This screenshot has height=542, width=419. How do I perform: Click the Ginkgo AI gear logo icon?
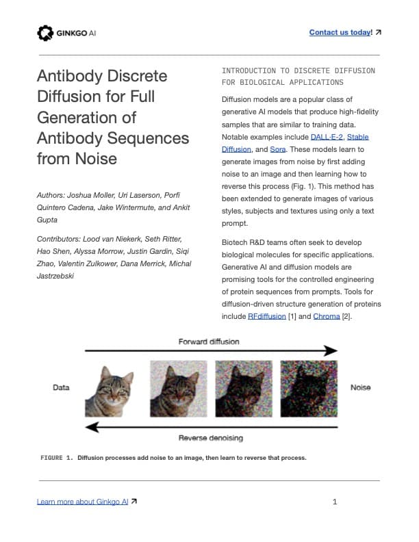click(x=45, y=32)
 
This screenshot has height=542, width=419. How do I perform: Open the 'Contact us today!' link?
click(x=340, y=32)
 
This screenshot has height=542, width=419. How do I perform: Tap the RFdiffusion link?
click(x=267, y=316)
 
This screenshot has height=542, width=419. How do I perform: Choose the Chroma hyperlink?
click(x=327, y=316)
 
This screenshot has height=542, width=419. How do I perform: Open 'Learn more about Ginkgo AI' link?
click(x=82, y=502)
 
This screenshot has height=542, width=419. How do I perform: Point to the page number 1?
click(x=335, y=502)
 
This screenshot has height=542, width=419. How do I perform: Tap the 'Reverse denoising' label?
click(x=210, y=437)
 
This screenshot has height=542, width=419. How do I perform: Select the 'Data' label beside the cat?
click(x=61, y=387)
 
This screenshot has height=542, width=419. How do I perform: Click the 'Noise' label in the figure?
click(x=360, y=387)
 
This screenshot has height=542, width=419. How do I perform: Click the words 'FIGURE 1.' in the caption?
click(x=56, y=457)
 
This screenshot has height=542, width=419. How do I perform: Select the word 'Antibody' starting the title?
click(x=68, y=75)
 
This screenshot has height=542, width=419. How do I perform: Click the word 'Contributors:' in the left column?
click(x=60, y=238)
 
